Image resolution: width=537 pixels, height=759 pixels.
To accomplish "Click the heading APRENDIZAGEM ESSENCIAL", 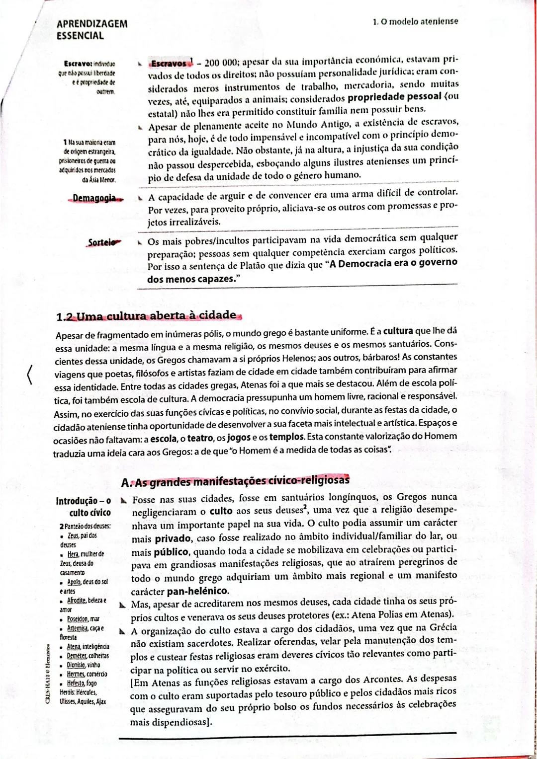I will click(92, 30).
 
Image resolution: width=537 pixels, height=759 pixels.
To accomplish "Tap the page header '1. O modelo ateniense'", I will click(415, 21).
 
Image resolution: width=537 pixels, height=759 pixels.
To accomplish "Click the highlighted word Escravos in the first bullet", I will click(170, 64).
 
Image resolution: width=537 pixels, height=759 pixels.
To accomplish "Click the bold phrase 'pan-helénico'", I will click(197, 592).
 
